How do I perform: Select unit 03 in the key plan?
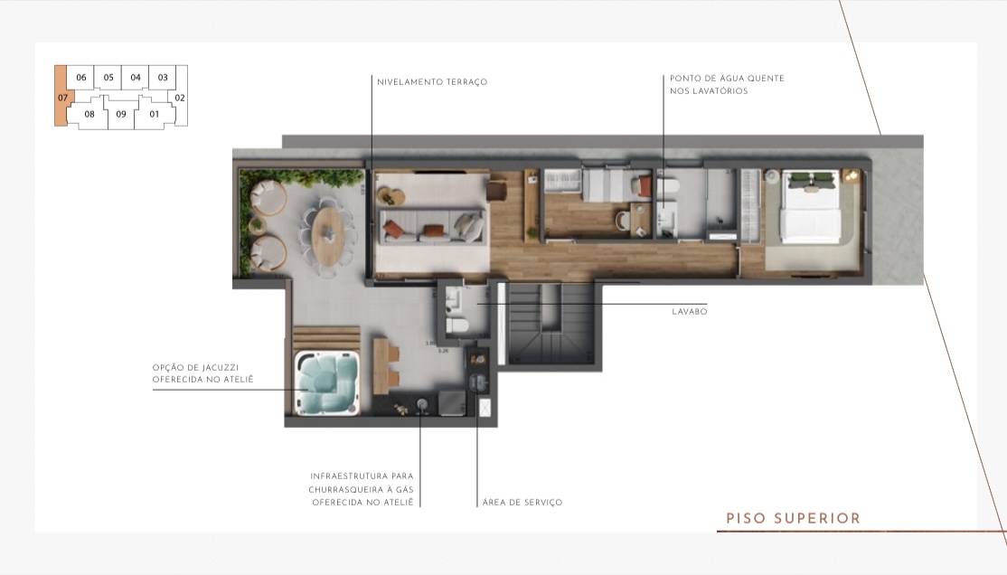(163, 78)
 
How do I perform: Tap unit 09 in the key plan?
(121, 115)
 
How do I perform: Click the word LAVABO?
(689, 311)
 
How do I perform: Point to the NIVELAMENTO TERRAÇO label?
(432, 82)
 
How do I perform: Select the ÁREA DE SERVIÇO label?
(522, 503)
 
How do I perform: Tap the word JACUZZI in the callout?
(222, 367)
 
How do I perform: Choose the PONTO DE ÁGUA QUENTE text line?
(727, 79)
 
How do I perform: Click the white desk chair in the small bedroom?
(622, 220)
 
